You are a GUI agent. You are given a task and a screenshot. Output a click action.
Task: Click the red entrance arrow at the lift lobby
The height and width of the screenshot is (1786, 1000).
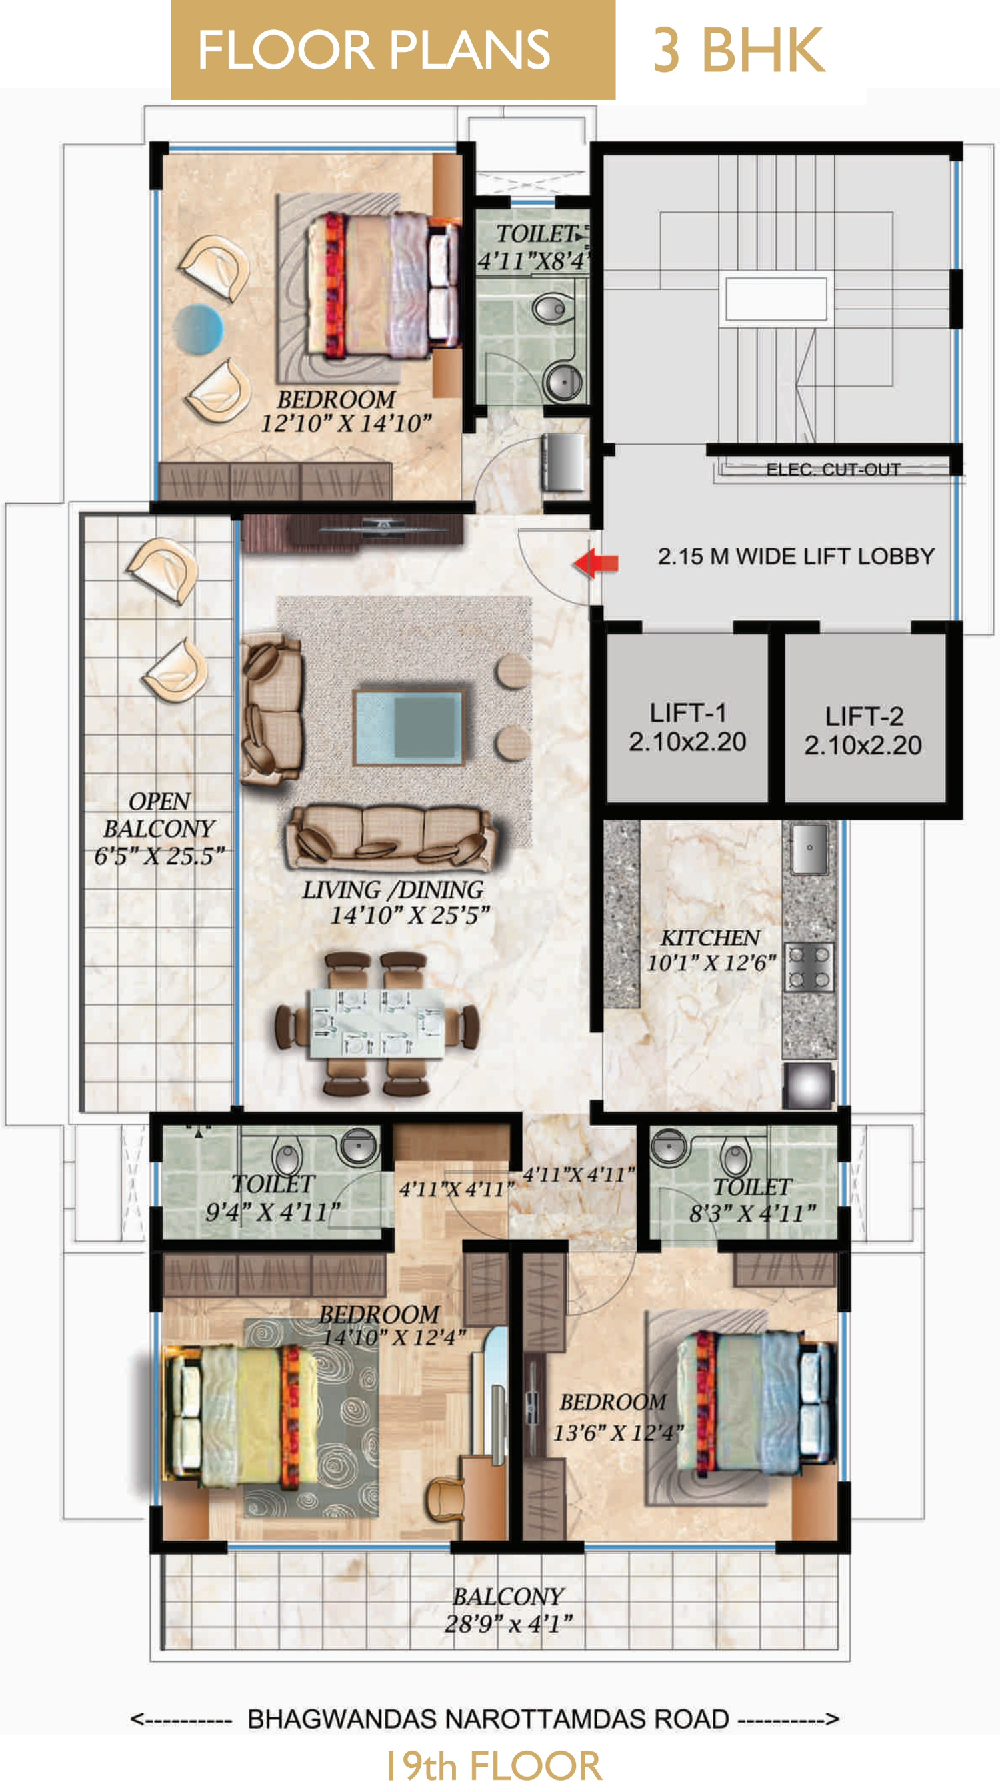(x=597, y=563)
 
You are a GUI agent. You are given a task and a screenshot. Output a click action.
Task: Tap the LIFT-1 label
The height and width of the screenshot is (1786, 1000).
(x=687, y=713)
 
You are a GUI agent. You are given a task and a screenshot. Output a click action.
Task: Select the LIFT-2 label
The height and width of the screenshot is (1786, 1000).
(x=863, y=716)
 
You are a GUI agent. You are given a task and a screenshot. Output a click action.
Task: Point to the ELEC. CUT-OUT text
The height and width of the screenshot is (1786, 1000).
(x=833, y=469)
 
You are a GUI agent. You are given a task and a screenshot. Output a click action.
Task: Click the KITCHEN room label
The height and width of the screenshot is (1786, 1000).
(x=710, y=938)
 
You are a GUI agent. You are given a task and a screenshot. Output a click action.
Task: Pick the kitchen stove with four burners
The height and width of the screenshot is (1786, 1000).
(x=809, y=966)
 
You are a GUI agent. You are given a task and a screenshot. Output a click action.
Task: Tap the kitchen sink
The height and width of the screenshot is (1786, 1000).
(x=809, y=848)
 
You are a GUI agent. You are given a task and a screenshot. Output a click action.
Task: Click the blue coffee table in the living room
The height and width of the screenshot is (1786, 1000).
(x=408, y=726)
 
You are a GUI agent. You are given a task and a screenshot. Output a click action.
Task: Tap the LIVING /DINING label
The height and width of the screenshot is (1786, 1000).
(x=393, y=890)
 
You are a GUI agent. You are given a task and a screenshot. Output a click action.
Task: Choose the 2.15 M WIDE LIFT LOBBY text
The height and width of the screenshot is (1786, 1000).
(x=796, y=556)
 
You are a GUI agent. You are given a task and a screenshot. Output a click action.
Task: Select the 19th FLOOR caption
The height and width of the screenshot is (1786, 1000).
(x=494, y=1765)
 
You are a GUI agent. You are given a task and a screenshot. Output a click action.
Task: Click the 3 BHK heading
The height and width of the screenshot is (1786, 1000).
(x=739, y=50)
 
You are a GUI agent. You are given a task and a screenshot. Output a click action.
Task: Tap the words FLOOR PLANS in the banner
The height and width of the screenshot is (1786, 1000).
(x=375, y=50)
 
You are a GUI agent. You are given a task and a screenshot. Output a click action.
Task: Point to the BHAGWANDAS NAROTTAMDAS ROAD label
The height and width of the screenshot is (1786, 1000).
(x=488, y=1719)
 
